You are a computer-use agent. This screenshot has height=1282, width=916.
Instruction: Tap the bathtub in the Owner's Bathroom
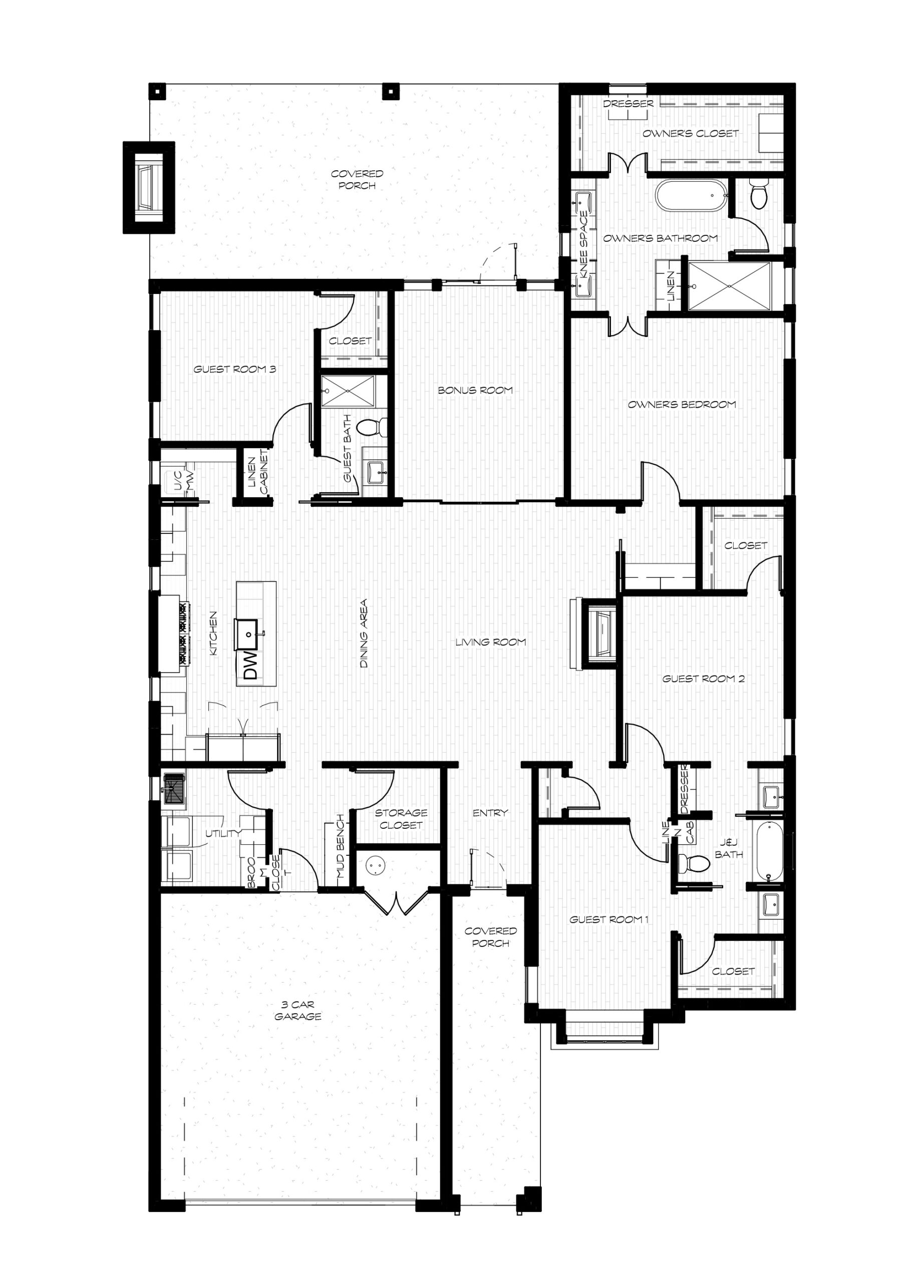click(689, 195)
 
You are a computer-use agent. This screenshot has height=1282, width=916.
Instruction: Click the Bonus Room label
click(475, 390)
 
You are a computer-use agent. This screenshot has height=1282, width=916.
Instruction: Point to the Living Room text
click(491, 642)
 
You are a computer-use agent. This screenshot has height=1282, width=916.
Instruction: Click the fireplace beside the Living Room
click(599, 633)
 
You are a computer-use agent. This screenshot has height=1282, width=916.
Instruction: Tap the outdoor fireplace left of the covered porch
click(149, 187)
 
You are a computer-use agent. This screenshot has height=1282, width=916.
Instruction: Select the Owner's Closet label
click(691, 134)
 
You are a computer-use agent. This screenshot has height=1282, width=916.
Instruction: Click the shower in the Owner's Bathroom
click(729, 286)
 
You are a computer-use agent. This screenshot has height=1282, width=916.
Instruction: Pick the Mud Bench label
click(340, 847)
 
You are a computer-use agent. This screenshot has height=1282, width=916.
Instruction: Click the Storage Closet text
click(401, 819)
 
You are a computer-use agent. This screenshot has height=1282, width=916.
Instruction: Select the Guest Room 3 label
click(235, 370)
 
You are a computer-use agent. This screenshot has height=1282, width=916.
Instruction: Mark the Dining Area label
click(364, 634)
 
